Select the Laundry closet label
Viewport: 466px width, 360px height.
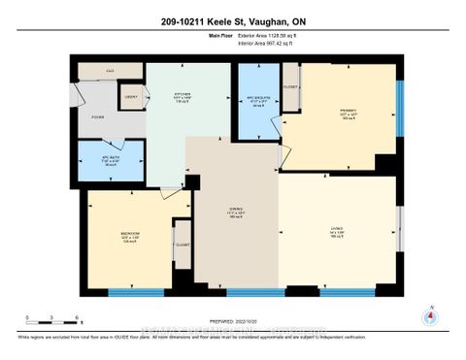tap(130, 97)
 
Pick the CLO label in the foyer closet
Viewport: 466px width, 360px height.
tap(110, 71)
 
